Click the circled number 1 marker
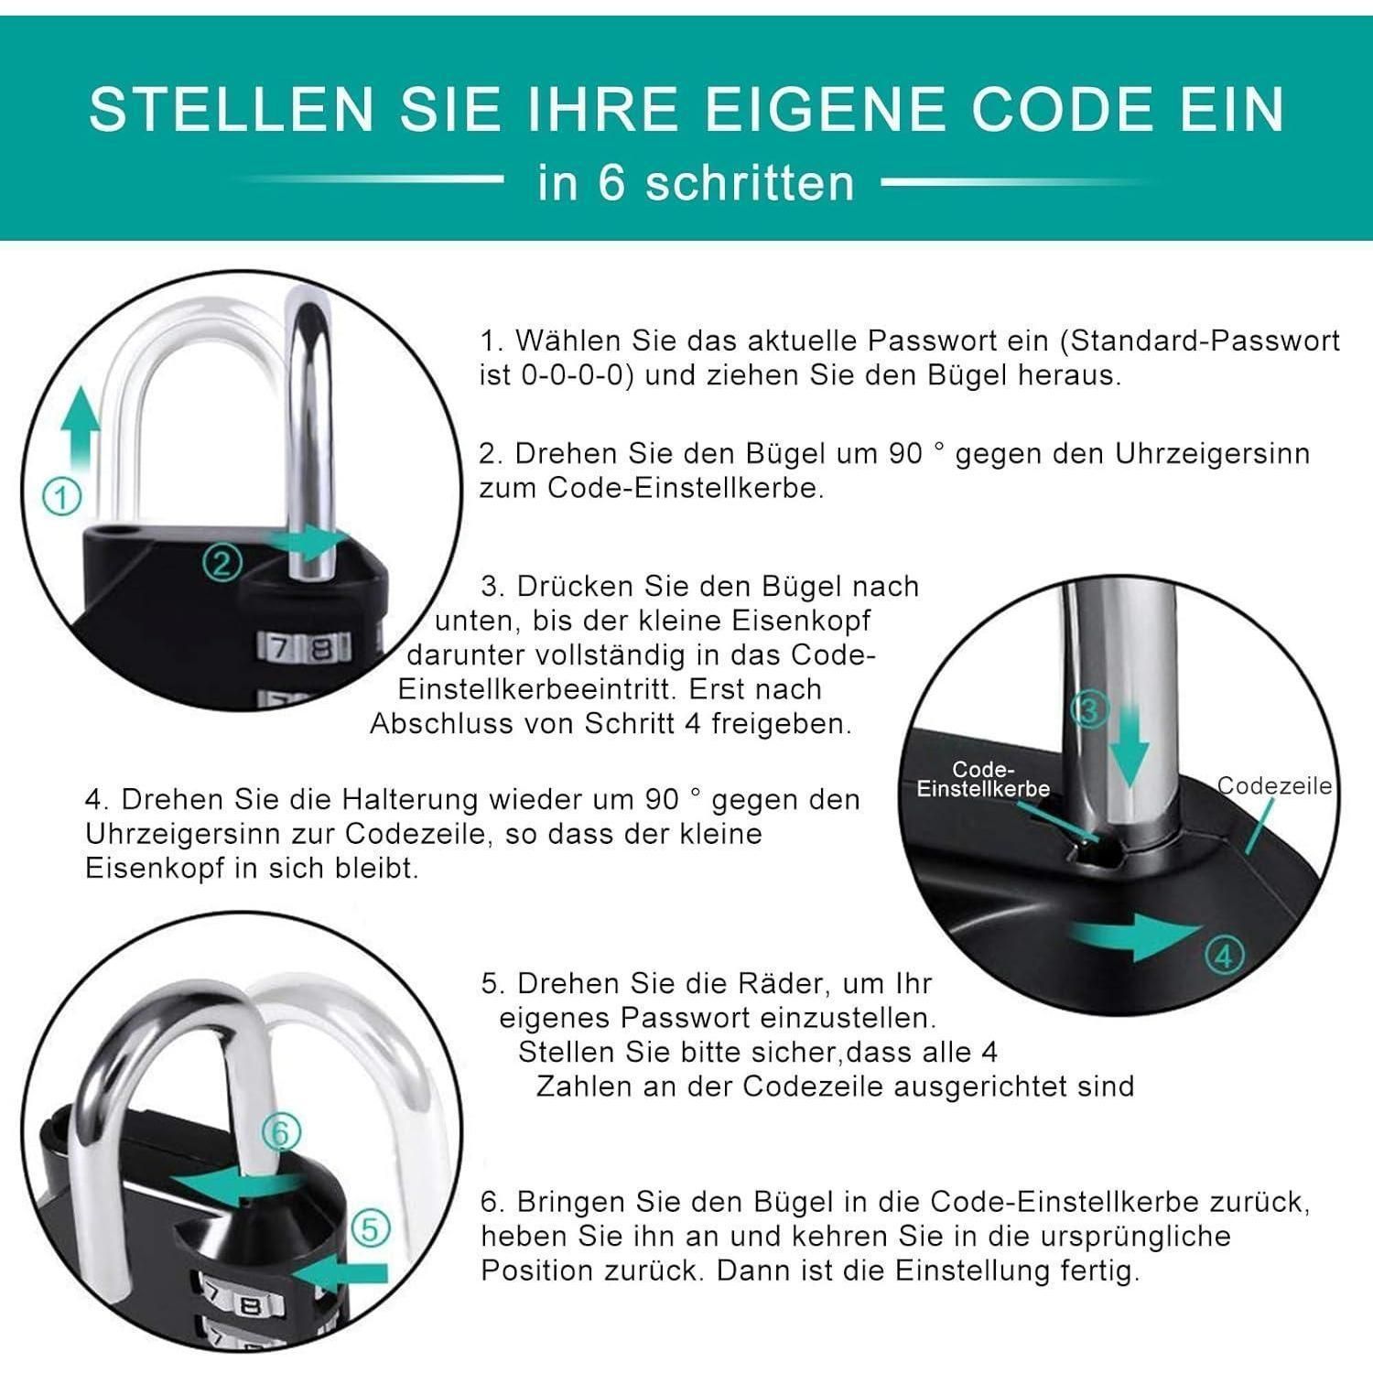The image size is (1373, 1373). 62,497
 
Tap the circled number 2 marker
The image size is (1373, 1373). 222,561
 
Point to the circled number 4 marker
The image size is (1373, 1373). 1225,957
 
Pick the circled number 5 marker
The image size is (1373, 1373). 370,1227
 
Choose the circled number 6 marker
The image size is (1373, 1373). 280,1133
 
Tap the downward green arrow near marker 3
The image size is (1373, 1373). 1131,742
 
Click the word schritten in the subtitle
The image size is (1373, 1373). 751,182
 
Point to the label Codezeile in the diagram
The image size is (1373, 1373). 1274,785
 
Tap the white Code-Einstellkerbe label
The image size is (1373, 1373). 983,779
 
